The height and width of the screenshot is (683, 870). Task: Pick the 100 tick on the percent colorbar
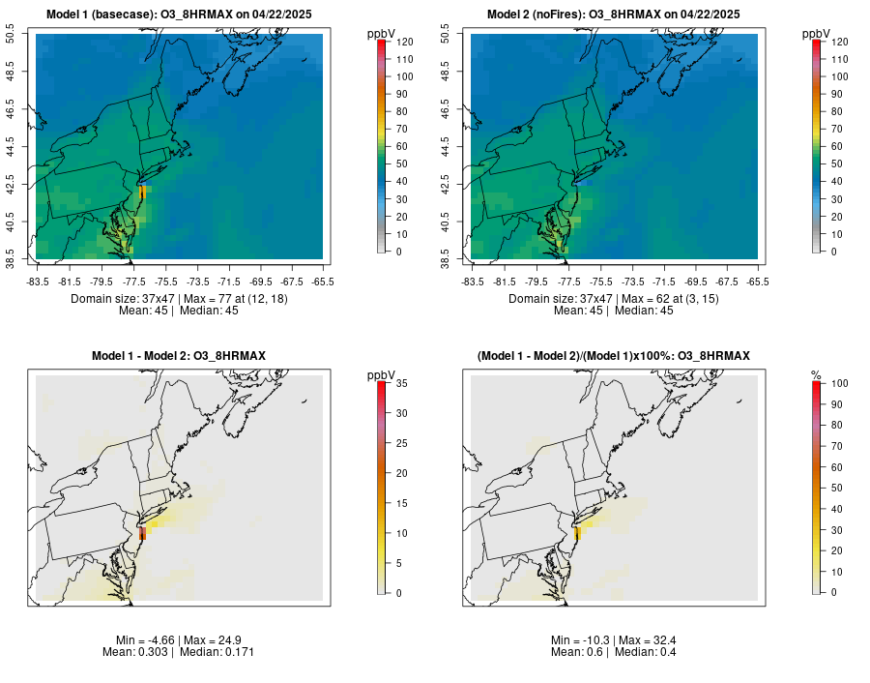(x=837, y=384)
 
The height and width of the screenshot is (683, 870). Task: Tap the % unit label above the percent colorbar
(x=816, y=375)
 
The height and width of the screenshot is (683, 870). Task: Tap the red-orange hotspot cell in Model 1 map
(x=142, y=192)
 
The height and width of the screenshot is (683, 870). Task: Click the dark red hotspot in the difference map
(x=142, y=533)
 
